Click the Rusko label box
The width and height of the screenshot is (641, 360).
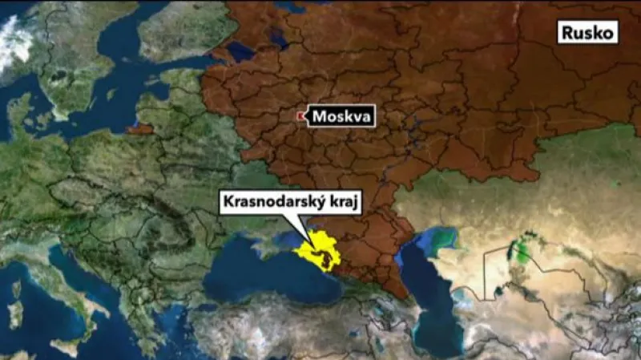(x=589, y=32)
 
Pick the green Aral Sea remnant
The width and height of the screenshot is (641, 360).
(x=522, y=249)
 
